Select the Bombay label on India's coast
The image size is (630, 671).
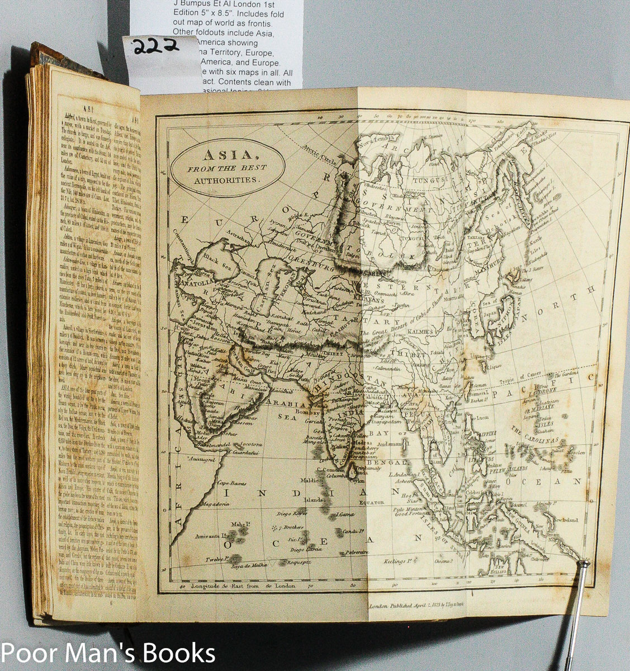(300, 412)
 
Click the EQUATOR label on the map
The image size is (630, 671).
(371, 503)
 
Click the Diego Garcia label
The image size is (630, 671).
(306, 549)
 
